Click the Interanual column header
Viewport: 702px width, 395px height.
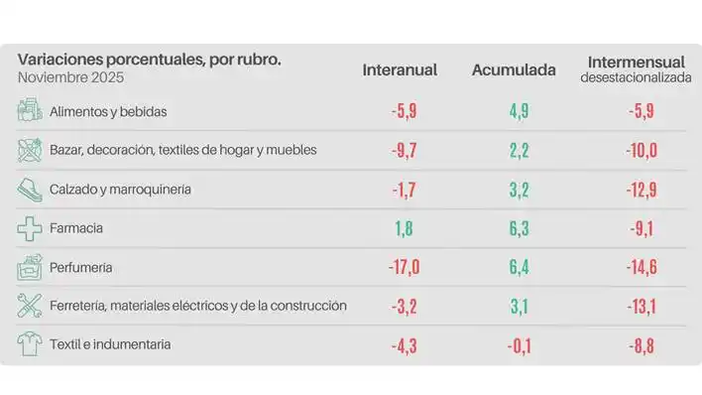(400, 70)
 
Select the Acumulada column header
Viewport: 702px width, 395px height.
(514, 70)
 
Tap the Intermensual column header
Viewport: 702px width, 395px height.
(635, 62)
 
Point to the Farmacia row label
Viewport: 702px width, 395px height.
(76, 228)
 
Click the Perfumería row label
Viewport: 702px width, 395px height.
(80, 267)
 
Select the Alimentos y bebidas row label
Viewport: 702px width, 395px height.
(108, 111)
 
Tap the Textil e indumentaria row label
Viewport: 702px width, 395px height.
(110, 344)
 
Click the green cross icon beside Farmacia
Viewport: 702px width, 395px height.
(30, 228)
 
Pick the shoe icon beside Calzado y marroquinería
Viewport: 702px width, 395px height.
(30, 189)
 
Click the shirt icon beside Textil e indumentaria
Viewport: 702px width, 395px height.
(30, 344)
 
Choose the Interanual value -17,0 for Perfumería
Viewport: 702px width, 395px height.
(405, 267)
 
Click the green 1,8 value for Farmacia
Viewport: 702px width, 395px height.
(405, 228)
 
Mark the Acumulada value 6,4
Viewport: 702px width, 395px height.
(519, 267)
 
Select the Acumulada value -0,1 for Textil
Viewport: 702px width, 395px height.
(518, 344)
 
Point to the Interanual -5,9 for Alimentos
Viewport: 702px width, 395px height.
(405, 111)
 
